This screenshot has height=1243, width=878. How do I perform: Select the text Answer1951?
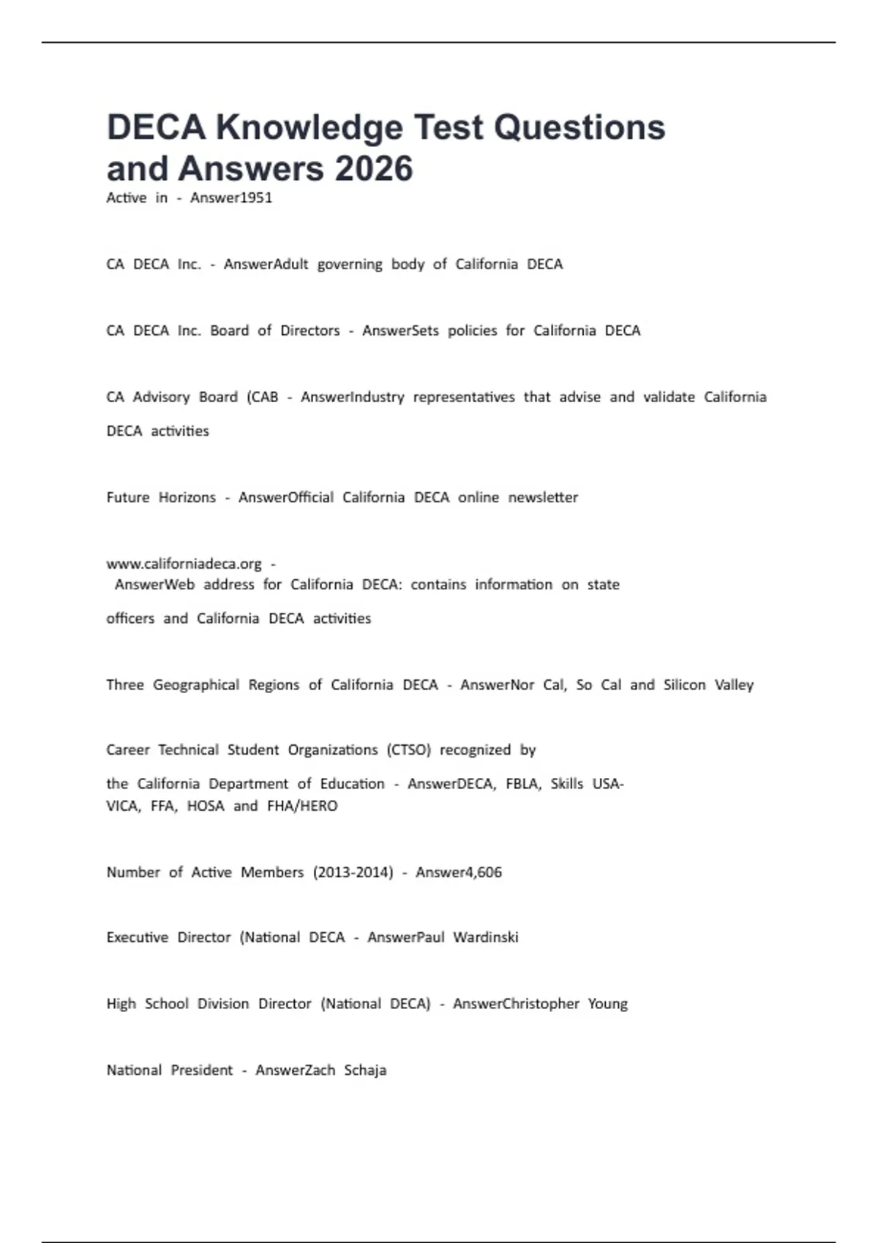pos(231,198)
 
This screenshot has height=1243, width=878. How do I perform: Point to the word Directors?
pos(310,330)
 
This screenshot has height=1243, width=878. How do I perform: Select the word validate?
pos(669,397)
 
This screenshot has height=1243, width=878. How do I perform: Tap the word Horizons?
pos(187,498)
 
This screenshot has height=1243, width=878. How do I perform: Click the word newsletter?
pos(543,498)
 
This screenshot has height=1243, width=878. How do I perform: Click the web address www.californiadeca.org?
pos(184,564)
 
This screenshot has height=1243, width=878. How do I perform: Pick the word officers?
pos(130,619)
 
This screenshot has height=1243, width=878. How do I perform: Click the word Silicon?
pos(684,685)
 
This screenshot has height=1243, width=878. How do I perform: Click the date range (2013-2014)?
pos(353,872)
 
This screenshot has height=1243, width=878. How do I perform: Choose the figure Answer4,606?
pos(459,872)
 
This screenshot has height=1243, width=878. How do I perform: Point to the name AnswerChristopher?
pos(516,1004)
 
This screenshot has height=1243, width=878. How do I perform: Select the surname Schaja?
pos(365,1070)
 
